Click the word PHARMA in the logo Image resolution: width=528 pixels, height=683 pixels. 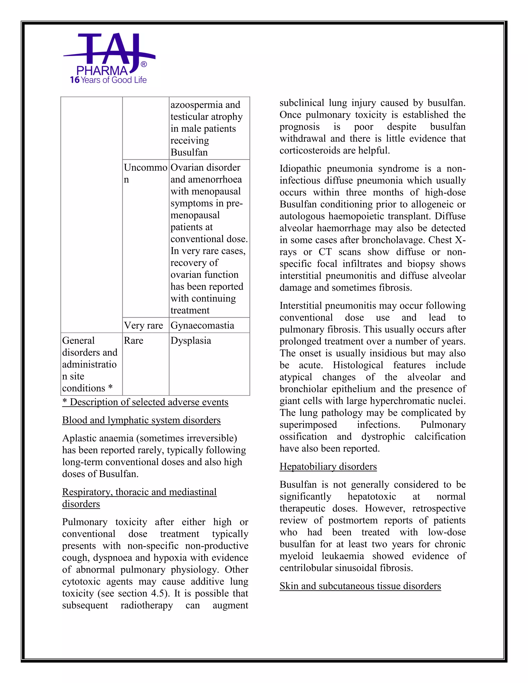[x=102, y=71]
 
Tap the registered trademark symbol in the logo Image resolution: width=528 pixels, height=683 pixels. [x=144, y=64]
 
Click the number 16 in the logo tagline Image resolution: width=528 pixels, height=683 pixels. [x=75, y=80]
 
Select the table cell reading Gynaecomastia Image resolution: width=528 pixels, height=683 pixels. [x=202, y=325]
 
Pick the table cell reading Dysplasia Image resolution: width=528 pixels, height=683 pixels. [x=191, y=340]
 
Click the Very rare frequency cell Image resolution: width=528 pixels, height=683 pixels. [x=143, y=325]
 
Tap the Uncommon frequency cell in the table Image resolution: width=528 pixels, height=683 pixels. [x=145, y=173]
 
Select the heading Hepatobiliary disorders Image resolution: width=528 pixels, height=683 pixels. [x=328, y=466]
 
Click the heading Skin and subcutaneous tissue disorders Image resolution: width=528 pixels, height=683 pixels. [x=360, y=586]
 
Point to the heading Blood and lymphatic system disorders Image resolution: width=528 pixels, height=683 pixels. [x=141, y=420]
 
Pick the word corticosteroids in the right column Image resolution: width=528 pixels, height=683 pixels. [x=310, y=151]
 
